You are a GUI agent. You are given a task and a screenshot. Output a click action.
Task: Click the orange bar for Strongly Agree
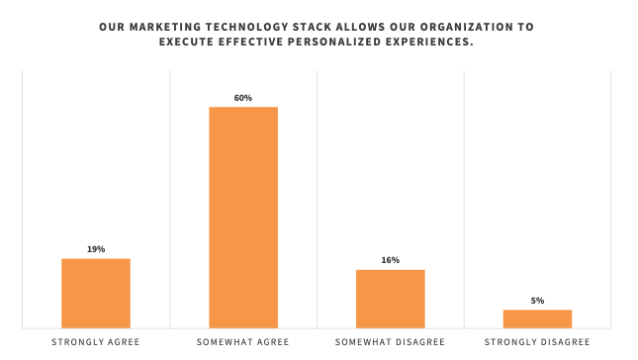pos(96,293)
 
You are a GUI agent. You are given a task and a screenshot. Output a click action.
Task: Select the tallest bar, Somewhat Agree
pos(243,217)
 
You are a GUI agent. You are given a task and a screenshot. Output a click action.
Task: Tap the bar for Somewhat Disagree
pos(391,298)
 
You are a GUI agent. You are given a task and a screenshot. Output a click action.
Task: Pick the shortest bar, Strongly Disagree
pos(537,318)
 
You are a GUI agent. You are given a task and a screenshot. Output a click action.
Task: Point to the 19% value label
pos(96,249)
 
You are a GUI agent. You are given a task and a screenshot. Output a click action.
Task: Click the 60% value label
pos(243,98)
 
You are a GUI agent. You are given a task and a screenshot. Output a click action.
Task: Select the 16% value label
pos(391,260)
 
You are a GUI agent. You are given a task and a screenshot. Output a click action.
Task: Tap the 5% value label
pos(537,301)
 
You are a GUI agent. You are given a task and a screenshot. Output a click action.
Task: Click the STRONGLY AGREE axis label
pos(96,342)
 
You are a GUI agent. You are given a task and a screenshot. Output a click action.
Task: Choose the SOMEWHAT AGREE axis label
pos(243,342)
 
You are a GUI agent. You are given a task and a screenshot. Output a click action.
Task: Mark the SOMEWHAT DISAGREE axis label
pos(391,342)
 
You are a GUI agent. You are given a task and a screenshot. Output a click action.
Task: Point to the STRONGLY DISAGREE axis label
pos(537,342)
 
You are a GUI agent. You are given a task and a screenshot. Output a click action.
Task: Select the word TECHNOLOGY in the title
pos(246,27)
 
